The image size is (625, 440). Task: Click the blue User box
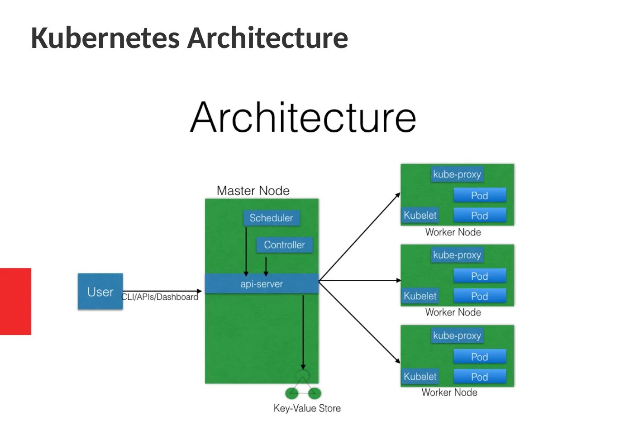coord(100,291)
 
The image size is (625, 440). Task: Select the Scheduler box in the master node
coord(272,218)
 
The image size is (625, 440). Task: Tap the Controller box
coord(284,245)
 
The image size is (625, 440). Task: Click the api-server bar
coord(262,283)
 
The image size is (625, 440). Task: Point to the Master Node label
coord(253,191)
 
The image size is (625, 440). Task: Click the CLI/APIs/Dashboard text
coord(160,297)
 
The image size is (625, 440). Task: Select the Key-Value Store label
coord(307,408)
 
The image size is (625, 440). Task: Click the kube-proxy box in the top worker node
coord(457,174)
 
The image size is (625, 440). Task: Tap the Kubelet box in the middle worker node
coord(420,296)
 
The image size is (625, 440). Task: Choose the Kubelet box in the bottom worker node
coord(420,376)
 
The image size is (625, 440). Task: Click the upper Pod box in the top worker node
coord(480,195)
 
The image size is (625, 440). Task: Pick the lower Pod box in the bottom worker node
coord(480,376)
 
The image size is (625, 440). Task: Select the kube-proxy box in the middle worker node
coord(457,255)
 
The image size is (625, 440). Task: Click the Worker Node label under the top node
coord(453,232)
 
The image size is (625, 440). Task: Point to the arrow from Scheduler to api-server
coord(246,252)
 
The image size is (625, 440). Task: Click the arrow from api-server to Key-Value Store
coord(303,332)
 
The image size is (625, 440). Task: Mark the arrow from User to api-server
coord(162,291)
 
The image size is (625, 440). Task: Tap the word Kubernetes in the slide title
coord(105,38)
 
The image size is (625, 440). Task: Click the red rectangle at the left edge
coord(16,301)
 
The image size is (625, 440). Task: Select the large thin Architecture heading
coord(303,117)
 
